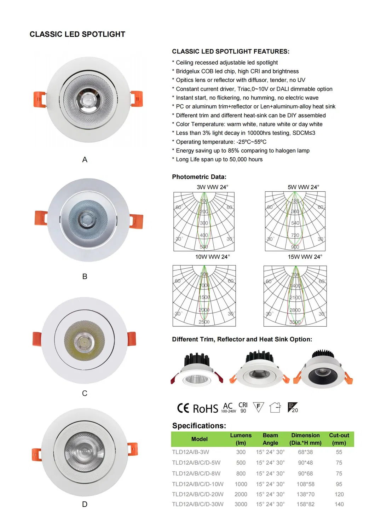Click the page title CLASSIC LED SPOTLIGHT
pos(77,34)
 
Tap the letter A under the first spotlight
pos(85,160)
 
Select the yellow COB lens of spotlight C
pos(85,340)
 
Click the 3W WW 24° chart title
pos(212,187)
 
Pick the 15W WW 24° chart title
pos(305,257)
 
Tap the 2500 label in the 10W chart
pos(204,322)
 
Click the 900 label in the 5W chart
pos(295,247)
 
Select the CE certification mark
pos(183,408)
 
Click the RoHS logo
pos(206,409)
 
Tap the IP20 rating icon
pos(293,408)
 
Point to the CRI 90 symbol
pos(243,408)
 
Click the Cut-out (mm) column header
pos(339,439)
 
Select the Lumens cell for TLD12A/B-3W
pos(241,452)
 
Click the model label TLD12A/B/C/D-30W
pos(198,505)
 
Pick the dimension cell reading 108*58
pos(305,484)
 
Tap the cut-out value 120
pos(339,495)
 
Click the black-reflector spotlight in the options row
pos(322,371)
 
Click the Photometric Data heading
pos(199,177)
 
